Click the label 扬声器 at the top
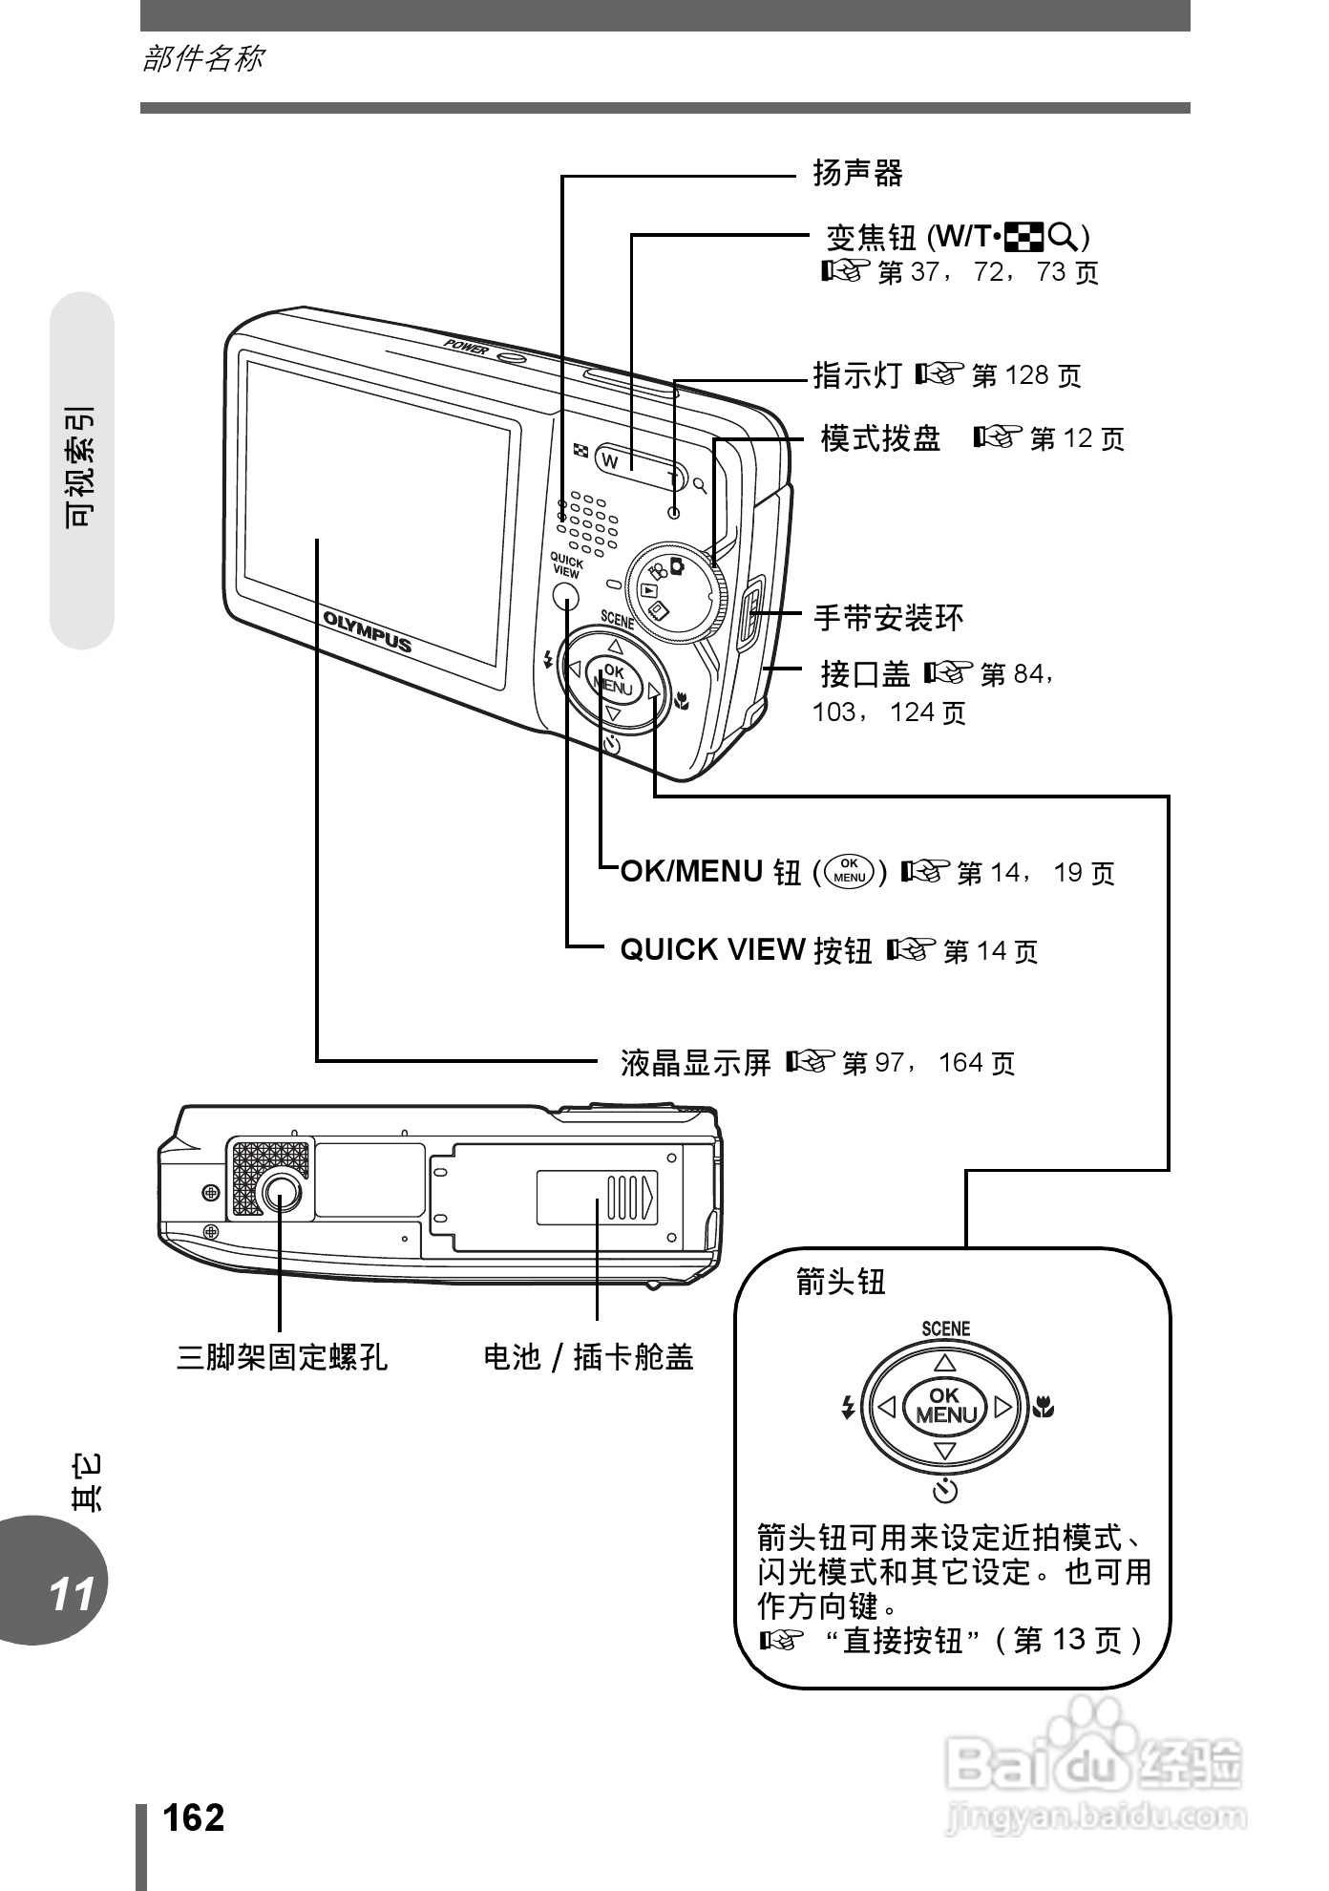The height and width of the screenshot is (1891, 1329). pyautogui.click(x=857, y=174)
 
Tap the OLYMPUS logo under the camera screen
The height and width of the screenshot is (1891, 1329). pyautogui.click(x=368, y=630)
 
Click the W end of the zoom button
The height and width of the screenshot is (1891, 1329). pyautogui.click(x=612, y=460)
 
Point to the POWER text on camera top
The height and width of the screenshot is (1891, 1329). pyautogui.click(x=466, y=346)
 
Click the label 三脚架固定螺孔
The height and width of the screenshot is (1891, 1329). pyautogui.click(x=283, y=1356)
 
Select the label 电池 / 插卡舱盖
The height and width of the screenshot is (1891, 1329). pyautogui.click(x=588, y=1356)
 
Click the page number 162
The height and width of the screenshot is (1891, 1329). pyautogui.click(x=194, y=1818)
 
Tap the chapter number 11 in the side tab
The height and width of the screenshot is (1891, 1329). pyautogui.click(x=72, y=1593)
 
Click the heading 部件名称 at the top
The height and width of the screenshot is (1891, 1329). pyautogui.click(x=202, y=59)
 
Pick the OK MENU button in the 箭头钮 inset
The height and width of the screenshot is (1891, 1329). pyautogui.click(x=944, y=1405)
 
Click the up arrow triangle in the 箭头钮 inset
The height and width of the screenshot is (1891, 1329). pyautogui.click(x=944, y=1362)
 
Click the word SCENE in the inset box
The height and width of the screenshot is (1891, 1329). pyautogui.click(x=945, y=1328)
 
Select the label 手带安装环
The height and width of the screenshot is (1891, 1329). pyautogui.click(x=888, y=618)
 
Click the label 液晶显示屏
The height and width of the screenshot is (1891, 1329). pyautogui.click(x=695, y=1062)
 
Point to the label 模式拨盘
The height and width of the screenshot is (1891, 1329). pyautogui.click(x=880, y=439)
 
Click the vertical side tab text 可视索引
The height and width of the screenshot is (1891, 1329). pyautogui.click(x=80, y=468)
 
